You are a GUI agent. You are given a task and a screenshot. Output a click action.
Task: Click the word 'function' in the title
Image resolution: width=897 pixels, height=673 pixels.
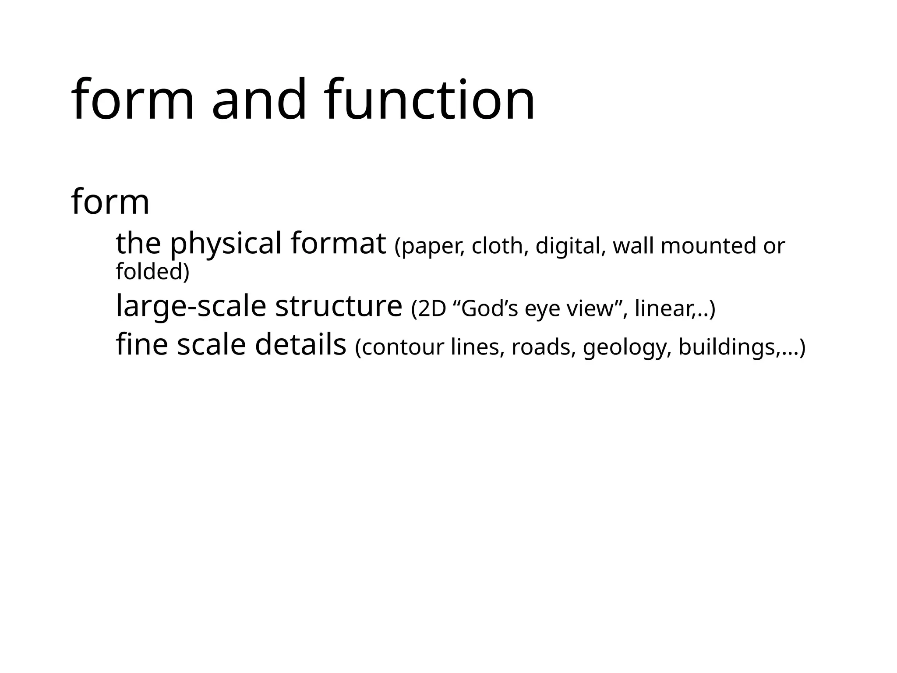pyautogui.click(x=430, y=99)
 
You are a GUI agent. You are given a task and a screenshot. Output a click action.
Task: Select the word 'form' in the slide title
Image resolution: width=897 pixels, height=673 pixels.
pyautogui.click(x=132, y=99)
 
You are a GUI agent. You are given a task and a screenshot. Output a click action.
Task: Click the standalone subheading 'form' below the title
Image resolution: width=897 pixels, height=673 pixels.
pyautogui.click(x=110, y=202)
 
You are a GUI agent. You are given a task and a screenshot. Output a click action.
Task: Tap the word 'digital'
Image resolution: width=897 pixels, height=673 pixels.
pyautogui.click(x=570, y=246)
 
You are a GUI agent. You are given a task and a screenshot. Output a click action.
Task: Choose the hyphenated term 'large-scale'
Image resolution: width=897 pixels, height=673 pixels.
pyautogui.click(x=191, y=307)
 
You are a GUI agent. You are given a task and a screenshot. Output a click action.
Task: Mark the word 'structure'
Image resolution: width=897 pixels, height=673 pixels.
pyautogui.click(x=339, y=306)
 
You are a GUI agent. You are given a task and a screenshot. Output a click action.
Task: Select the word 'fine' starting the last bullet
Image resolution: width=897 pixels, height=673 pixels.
pyautogui.click(x=141, y=344)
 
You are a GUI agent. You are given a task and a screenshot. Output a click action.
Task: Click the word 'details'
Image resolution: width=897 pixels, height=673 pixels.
pyautogui.click(x=300, y=344)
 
